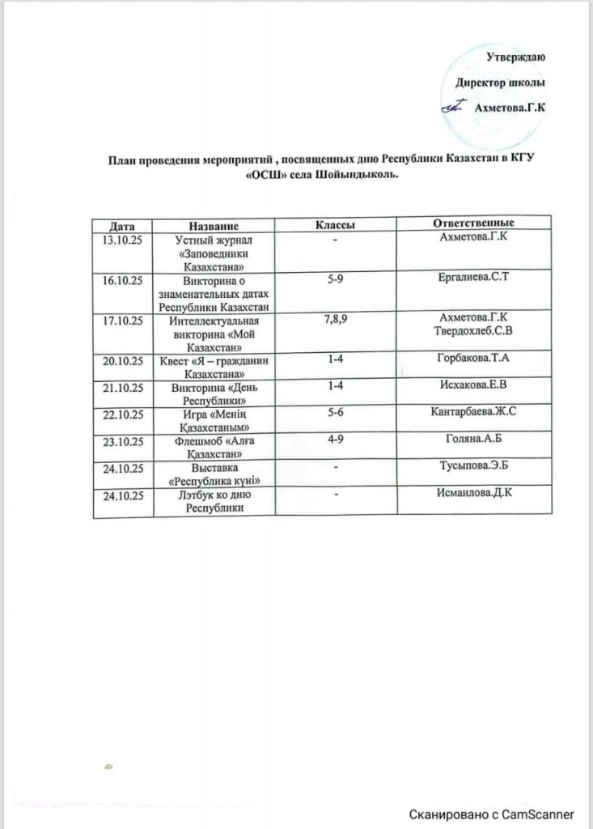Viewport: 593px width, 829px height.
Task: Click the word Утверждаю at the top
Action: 518,57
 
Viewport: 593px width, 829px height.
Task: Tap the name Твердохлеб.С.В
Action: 472,330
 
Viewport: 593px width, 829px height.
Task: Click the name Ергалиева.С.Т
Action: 472,278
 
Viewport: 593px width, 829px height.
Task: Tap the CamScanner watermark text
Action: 491,814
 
